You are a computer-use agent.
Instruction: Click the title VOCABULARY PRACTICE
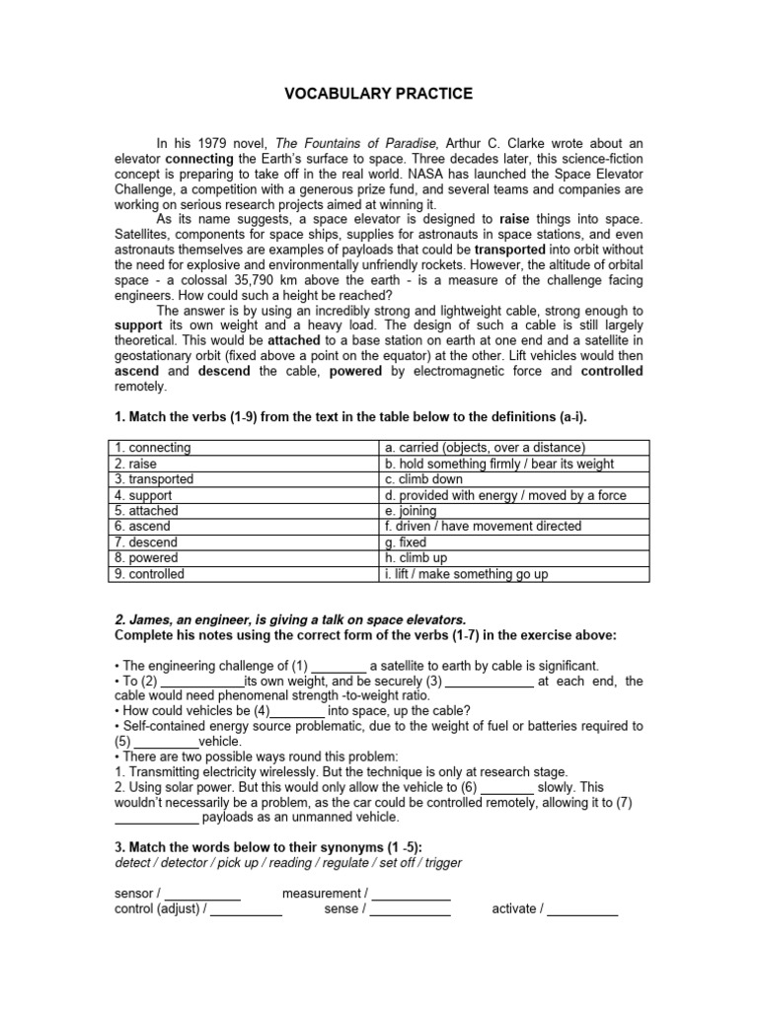[379, 94]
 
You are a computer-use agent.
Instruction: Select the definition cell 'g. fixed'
[406, 542]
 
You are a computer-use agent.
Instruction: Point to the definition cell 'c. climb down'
[423, 479]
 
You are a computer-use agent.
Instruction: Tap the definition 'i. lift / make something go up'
[466, 574]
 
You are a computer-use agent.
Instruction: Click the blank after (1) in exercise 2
[338, 667]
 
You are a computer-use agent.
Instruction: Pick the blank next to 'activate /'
[582, 909]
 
